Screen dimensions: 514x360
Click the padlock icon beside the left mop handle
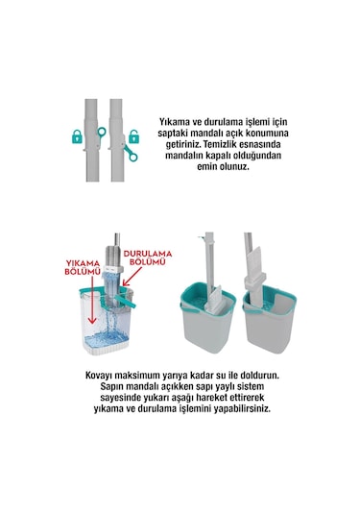[x=76, y=138]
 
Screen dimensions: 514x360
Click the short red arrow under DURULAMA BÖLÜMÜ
[x=125, y=281]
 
